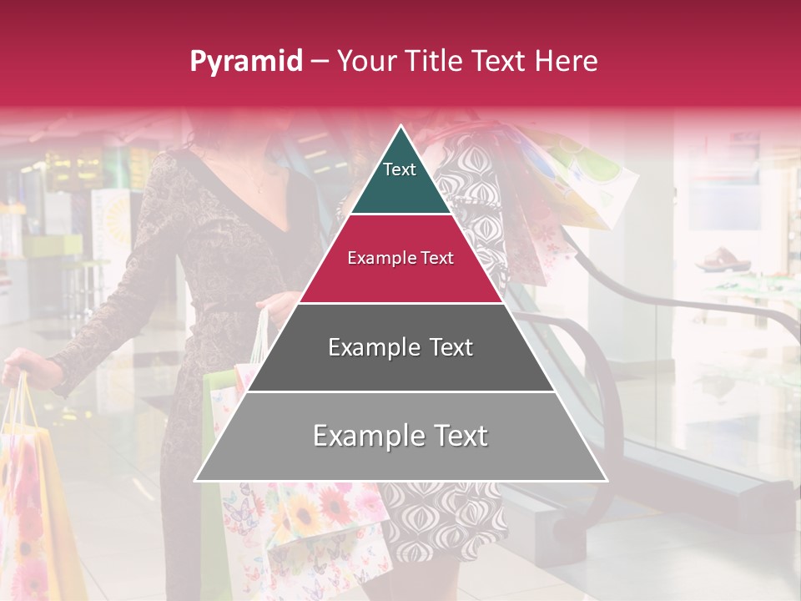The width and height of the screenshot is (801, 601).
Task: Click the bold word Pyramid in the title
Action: click(x=245, y=61)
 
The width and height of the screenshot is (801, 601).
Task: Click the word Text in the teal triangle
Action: click(x=399, y=169)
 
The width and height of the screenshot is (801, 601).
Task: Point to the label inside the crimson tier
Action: click(x=400, y=258)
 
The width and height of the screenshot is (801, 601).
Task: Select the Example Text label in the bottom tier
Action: click(x=400, y=436)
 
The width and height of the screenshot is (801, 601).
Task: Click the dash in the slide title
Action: click(x=320, y=61)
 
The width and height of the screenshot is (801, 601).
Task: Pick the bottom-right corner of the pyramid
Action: click(x=607, y=480)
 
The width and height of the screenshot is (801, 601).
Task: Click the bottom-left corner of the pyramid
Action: click(x=195, y=480)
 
